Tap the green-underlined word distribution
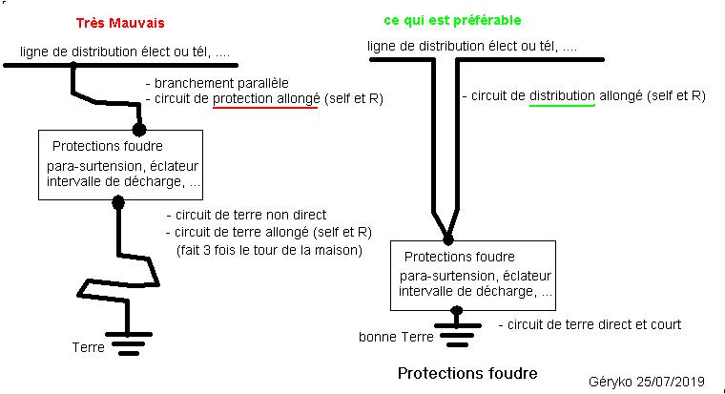(563, 96)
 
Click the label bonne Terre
(395, 338)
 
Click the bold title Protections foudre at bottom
(466, 372)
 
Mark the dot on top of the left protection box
(139, 129)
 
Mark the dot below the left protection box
(118, 202)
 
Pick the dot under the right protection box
(456, 311)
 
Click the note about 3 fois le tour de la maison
(269, 250)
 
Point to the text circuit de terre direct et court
(590, 324)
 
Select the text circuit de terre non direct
(245, 216)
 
